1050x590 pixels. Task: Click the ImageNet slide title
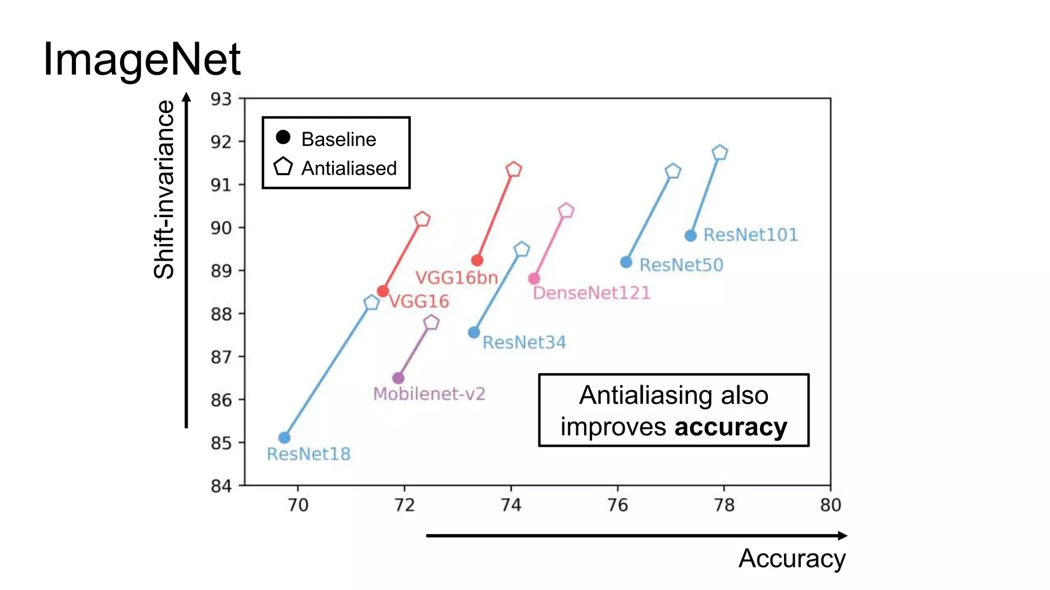click(x=142, y=59)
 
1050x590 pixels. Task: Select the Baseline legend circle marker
click(x=283, y=137)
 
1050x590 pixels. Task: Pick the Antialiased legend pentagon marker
click(x=283, y=166)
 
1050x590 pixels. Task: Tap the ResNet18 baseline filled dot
click(x=285, y=437)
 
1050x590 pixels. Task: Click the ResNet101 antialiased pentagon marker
click(x=720, y=153)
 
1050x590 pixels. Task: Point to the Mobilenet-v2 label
click(x=429, y=394)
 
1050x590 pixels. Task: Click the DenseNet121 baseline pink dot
click(x=534, y=279)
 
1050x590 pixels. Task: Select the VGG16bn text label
click(x=456, y=278)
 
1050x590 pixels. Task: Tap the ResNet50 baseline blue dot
click(x=626, y=262)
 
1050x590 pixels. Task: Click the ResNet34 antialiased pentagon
click(x=521, y=249)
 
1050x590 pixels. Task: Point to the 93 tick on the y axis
click(x=221, y=99)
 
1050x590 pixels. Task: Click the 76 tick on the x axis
click(x=617, y=505)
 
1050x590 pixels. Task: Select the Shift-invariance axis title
click(x=165, y=189)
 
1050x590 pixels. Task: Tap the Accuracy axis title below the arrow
click(x=792, y=558)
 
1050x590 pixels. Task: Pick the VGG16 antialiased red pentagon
click(x=422, y=219)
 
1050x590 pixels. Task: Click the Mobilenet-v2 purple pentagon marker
click(x=432, y=322)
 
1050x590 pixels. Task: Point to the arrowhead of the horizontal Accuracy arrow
click(x=842, y=536)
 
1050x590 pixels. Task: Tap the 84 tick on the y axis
click(x=221, y=486)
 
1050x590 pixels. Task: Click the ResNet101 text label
click(x=750, y=235)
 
